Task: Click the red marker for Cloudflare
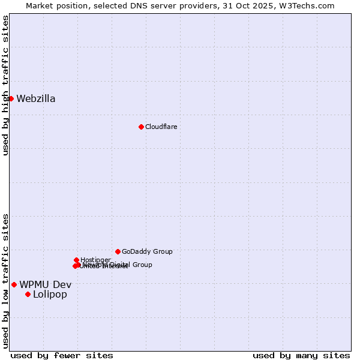tap(141, 127)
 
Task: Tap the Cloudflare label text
tap(161, 127)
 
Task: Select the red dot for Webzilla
tap(11, 98)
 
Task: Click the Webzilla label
tap(36, 99)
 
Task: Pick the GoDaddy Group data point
tap(118, 251)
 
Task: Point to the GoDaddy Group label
tap(147, 251)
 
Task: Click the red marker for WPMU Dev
tap(14, 284)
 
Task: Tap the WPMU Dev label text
tap(46, 284)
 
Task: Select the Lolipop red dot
tap(28, 294)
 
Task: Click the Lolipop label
tap(50, 294)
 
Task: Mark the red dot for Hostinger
tap(76, 260)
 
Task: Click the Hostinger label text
tap(95, 260)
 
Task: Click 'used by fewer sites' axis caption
tap(62, 355)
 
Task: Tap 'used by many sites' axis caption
tap(301, 355)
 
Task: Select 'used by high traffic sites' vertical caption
tap(5, 85)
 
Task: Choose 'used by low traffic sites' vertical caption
tap(5, 281)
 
